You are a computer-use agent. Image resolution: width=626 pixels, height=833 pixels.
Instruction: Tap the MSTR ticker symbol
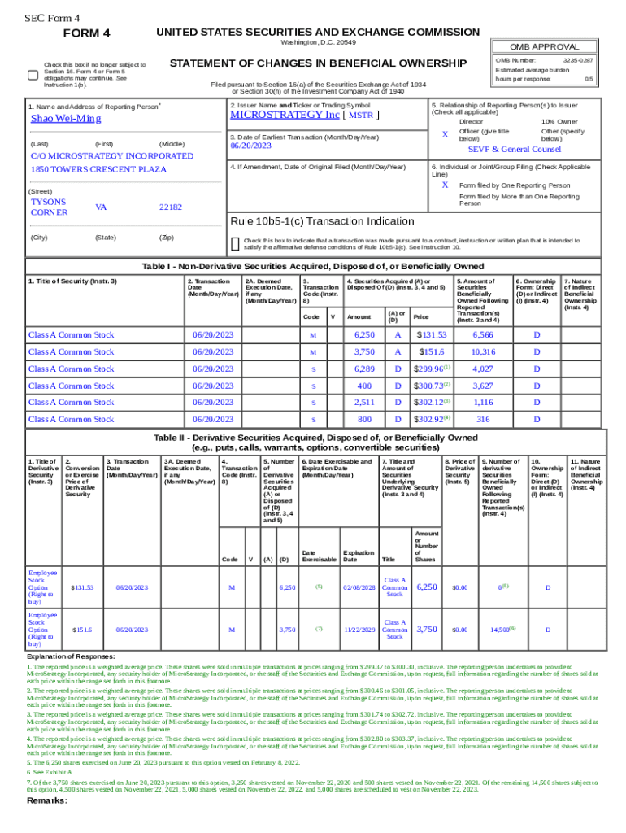(360, 116)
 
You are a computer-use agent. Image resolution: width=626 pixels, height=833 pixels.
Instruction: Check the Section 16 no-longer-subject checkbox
(32, 75)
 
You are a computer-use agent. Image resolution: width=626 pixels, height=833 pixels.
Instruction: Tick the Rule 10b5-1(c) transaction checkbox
(235, 243)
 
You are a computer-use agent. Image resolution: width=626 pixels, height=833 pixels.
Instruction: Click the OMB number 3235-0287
(577, 60)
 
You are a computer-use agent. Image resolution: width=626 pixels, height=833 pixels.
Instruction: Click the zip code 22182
(171, 207)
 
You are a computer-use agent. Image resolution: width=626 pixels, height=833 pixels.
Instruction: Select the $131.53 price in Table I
(432, 335)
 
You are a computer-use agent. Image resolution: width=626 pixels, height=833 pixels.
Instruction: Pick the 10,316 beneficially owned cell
(483, 351)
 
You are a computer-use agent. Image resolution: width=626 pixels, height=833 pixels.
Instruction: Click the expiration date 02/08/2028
(359, 587)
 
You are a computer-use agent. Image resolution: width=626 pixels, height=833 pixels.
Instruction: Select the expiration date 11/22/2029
(359, 630)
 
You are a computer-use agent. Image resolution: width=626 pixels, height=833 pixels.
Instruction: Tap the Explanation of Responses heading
(71, 656)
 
